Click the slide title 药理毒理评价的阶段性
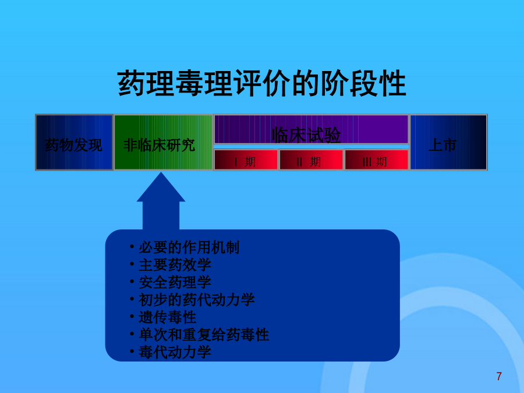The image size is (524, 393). [261, 83]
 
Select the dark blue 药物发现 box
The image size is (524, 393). [74, 143]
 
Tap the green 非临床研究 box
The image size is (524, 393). [164, 143]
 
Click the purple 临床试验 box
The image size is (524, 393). [311, 129]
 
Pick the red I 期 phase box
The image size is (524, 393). [246, 160]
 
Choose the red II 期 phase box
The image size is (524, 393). [311, 160]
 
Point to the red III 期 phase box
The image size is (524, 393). [377, 160]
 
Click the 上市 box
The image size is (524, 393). [448, 143]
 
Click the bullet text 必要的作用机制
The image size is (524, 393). [189, 247]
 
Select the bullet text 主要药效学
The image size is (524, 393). [175, 265]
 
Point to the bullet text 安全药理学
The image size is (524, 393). [175, 282]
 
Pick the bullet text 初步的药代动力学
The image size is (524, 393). [197, 300]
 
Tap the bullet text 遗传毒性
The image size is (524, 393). [168, 317]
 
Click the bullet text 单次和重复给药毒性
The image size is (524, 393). [204, 335]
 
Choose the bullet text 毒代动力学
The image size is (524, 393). [175, 352]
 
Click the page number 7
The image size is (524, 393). [499, 376]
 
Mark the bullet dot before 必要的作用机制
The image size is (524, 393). [132, 247]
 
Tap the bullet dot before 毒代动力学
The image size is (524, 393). [132, 351]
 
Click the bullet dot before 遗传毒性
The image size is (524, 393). [132, 316]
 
